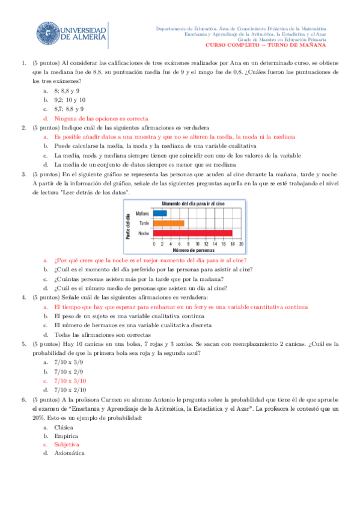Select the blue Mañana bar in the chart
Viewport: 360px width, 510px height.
[x=160, y=213]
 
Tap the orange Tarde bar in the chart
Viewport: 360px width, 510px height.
[x=168, y=223]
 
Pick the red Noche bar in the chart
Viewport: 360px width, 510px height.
[x=192, y=233]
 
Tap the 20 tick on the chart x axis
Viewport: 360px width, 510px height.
[x=241, y=244]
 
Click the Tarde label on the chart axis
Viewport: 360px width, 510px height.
[x=144, y=223]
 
